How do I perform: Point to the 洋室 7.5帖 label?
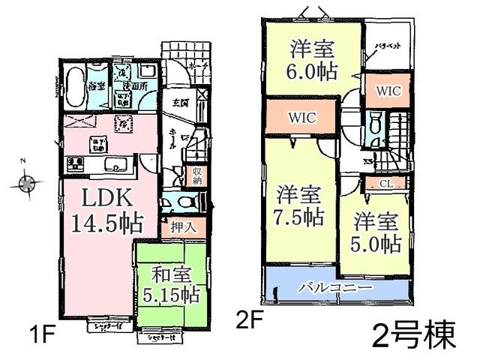298,205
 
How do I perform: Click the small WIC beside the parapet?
388,91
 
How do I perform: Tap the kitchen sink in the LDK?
115,165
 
